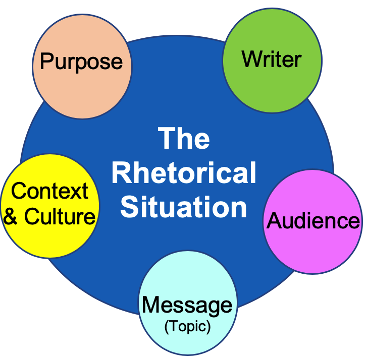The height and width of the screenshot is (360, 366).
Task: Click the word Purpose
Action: (81, 62)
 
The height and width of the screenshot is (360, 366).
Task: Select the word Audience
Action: (313, 220)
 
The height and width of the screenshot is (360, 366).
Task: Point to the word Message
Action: (187, 305)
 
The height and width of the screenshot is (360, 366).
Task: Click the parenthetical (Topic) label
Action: (187, 326)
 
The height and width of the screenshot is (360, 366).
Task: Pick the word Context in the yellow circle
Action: (49, 191)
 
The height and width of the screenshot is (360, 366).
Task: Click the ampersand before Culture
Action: (14, 217)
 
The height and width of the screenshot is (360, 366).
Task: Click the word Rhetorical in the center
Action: (184, 173)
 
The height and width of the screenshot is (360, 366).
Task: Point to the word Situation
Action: (184, 207)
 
